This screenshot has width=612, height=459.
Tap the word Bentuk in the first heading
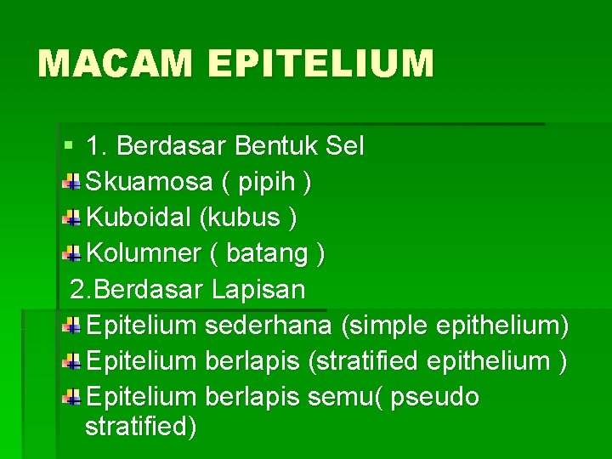point(275,146)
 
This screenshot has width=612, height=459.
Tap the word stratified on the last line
point(141,426)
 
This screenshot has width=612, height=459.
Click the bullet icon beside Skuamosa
point(72,182)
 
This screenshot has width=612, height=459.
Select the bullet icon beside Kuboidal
point(72,218)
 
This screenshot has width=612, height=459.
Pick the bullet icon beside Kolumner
point(72,253)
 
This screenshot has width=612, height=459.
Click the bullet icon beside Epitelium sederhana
point(72,326)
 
